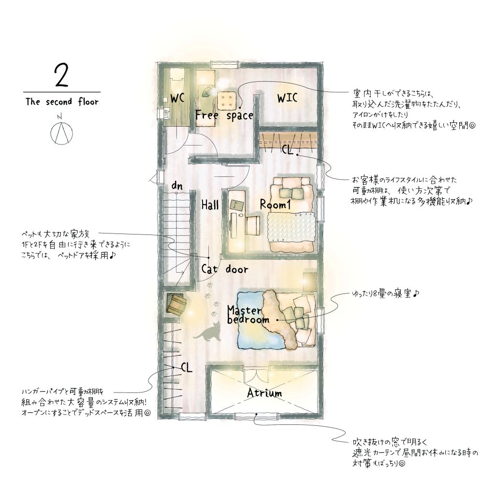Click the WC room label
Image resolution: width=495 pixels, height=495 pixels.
(177, 99)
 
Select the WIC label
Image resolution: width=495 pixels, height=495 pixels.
(287, 98)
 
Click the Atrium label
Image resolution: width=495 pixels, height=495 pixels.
(264, 393)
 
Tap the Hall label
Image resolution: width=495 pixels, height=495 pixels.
(210, 205)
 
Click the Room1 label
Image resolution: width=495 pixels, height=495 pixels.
(275, 205)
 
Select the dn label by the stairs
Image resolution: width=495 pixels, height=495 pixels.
(177, 186)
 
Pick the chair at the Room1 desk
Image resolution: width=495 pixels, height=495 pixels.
(253, 225)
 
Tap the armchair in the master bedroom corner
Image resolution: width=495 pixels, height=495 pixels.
(176, 304)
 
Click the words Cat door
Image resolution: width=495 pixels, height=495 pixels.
(225, 269)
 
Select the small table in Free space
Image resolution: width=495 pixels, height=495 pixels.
(227, 101)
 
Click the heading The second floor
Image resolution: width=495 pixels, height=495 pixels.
(62, 102)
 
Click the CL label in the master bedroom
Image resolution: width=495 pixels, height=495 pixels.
(187, 367)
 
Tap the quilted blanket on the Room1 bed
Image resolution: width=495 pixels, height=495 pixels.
(291, 227)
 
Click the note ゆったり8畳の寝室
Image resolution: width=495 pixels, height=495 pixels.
(385, 294)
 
